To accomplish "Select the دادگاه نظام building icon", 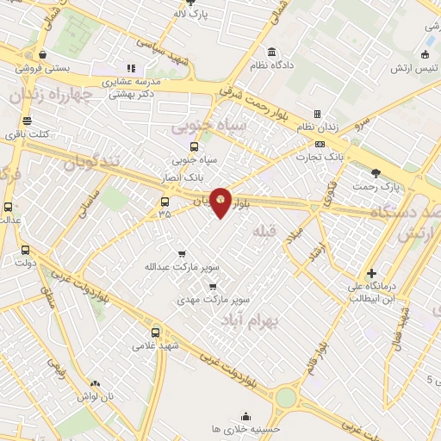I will pyautogui.click(x=271, y=53).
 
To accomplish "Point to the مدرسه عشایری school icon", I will pyautogui.click(x=131, y=67).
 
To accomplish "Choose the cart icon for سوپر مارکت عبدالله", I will pyautogui.click(x=181, y=254).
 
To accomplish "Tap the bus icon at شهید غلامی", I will pyautogui.click(x=155, y=331).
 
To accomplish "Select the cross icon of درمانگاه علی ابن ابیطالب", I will pyautogui.click(x=370, y=272).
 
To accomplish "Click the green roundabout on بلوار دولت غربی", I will pyautogui.click(x=285, y=397).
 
